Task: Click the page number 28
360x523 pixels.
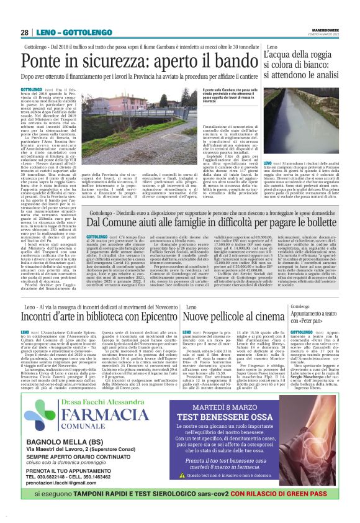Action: pyautogui.click(x=24, y=32)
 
